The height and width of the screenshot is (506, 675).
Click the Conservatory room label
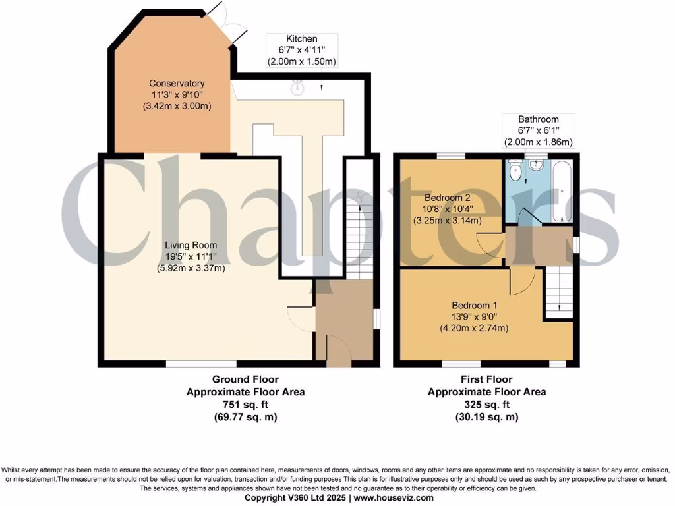coord(177,84)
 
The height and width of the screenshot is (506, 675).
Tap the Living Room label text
coord(191,246)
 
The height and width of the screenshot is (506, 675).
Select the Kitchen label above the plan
coord(301,40)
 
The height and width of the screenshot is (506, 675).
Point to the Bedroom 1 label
coord(474,306)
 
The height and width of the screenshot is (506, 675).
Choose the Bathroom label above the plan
coord(538,119)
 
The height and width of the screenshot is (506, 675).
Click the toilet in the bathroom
coord(516,173)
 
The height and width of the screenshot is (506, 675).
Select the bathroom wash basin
coord(537,164)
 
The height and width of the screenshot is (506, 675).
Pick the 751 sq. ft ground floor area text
coord(245,405)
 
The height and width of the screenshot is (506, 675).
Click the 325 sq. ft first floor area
coord(486,405)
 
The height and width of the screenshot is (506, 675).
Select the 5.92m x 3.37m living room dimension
coord(191,268)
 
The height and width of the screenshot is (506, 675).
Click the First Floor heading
coord(486,379)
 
